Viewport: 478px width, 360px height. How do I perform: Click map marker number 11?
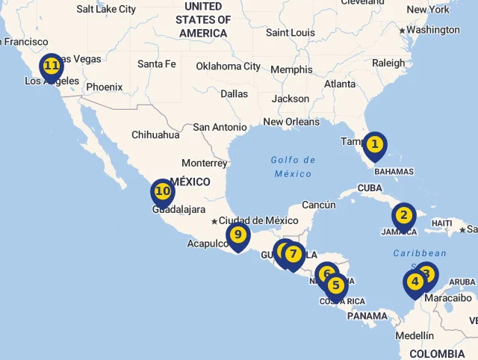52,66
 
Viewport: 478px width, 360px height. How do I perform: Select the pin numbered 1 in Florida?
375,144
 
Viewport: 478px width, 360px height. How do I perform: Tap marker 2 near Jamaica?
404,216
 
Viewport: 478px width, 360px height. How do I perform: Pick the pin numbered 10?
163,192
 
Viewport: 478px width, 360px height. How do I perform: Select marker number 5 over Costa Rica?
336,286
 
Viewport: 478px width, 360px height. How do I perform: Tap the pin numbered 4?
415,283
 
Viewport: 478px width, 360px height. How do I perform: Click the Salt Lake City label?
106,9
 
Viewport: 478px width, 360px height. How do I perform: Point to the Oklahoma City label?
228,66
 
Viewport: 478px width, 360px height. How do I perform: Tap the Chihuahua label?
155,135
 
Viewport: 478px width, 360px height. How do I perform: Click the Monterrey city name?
204,163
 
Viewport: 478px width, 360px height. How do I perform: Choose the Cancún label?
319,205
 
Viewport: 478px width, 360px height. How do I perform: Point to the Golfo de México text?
293,167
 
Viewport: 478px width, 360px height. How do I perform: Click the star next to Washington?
403,31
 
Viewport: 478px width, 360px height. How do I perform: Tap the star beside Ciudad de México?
214,221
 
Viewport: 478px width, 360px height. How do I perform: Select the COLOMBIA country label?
437,353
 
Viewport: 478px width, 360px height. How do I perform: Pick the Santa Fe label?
156,64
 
